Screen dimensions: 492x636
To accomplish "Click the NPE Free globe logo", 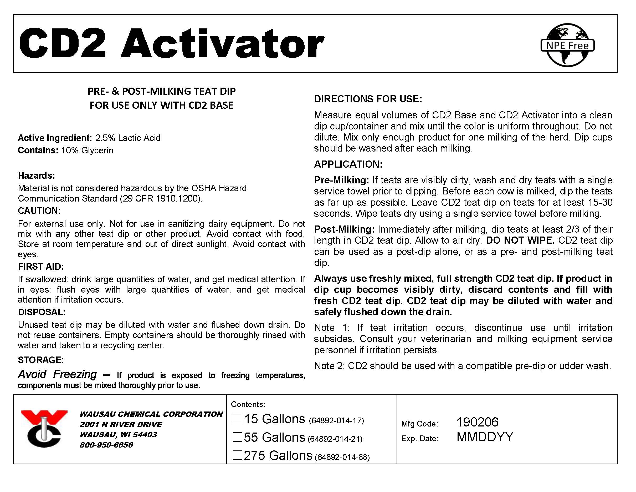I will pyautogui.click(x=567, y=45).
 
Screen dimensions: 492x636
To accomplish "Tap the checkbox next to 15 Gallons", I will pyautogui.click(x=237, y=419).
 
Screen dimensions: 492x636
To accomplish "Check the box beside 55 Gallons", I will pyautogui.click(x=237, y=437).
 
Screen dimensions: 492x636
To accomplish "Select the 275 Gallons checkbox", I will pyautogui.click(x=237, y=455).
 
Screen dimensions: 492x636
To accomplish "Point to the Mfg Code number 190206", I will pyautogui.click(x=477, y=422).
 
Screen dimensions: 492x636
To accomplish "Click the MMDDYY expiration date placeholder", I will pyautogui.click(x=485, y=437).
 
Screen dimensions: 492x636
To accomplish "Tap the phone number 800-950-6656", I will pyautogui.click(x=106, y=445).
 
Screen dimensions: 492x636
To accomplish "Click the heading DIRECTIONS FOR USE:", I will pyautogui.click(x=368, y=99).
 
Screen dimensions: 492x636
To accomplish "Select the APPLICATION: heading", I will pyautogui.click(x=348, y=164).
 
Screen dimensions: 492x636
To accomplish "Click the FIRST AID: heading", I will pyautogui.click(x=41, y=267).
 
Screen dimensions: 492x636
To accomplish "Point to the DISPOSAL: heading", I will pyautogui.click(x=42, y=312).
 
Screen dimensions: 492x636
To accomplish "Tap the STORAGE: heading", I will pyautogui.click(x=41, y=360).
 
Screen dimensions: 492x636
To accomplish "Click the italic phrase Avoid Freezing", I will pyautogui.click(x=57, y=374).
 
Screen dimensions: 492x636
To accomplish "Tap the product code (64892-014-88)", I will pyautogui.click(x=342, y=457).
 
